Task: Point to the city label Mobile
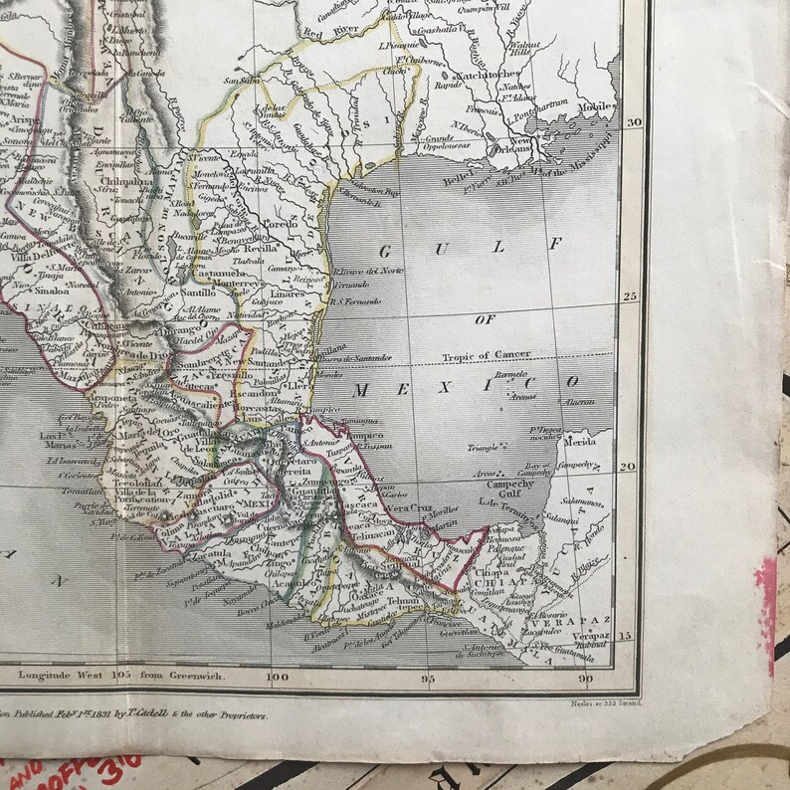point(596,107)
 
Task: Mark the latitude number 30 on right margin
point(630,122)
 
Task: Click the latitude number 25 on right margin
point(630,296)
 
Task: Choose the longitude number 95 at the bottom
point(430,681)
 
